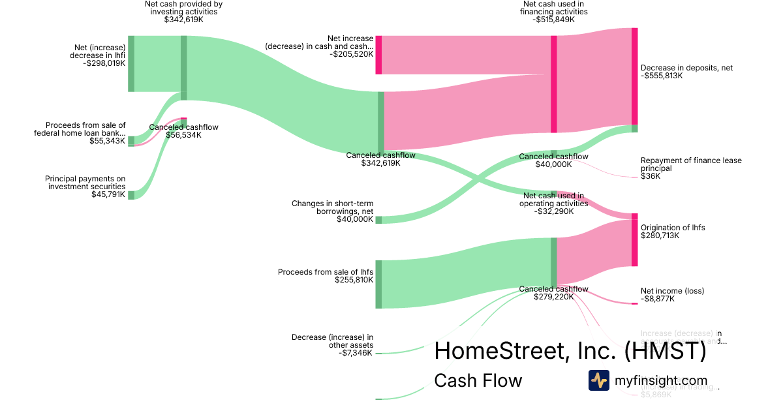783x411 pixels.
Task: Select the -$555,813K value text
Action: click(662, 76)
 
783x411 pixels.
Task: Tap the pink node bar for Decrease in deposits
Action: click(634, 76)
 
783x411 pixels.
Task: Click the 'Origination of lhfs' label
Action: click(673, 228)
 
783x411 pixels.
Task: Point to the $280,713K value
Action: click(660, 236)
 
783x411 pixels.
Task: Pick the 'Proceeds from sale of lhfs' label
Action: click(326, 272)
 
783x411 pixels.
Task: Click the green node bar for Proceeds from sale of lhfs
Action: click(378, 284)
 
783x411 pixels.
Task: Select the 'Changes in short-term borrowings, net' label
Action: click(332, 207)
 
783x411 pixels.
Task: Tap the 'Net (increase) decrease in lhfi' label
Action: click(100, 52)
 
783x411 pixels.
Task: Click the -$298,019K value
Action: click(104, 63)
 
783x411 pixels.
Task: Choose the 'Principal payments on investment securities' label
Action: click(85, 183)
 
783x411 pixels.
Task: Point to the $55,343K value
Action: click(107, 141)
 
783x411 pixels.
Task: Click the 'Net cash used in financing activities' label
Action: click(554, 8)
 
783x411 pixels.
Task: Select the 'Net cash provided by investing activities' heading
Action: click(183, 8)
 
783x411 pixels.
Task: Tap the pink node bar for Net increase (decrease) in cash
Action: click(378, 55)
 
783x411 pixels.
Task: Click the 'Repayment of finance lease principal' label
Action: click(691, 164)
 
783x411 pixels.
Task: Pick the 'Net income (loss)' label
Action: click(672, 291)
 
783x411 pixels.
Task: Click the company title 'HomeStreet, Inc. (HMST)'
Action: click(570, 351)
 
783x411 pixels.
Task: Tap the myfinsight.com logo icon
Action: click(598, 380)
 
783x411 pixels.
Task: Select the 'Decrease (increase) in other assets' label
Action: click(332, 341)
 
